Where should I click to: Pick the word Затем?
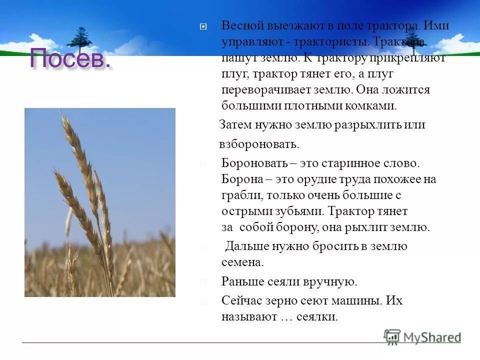coord(235,125)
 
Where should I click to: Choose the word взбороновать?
coord(259,144)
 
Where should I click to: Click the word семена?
coord(242,262)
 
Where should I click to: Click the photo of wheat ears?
coord(100,202)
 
